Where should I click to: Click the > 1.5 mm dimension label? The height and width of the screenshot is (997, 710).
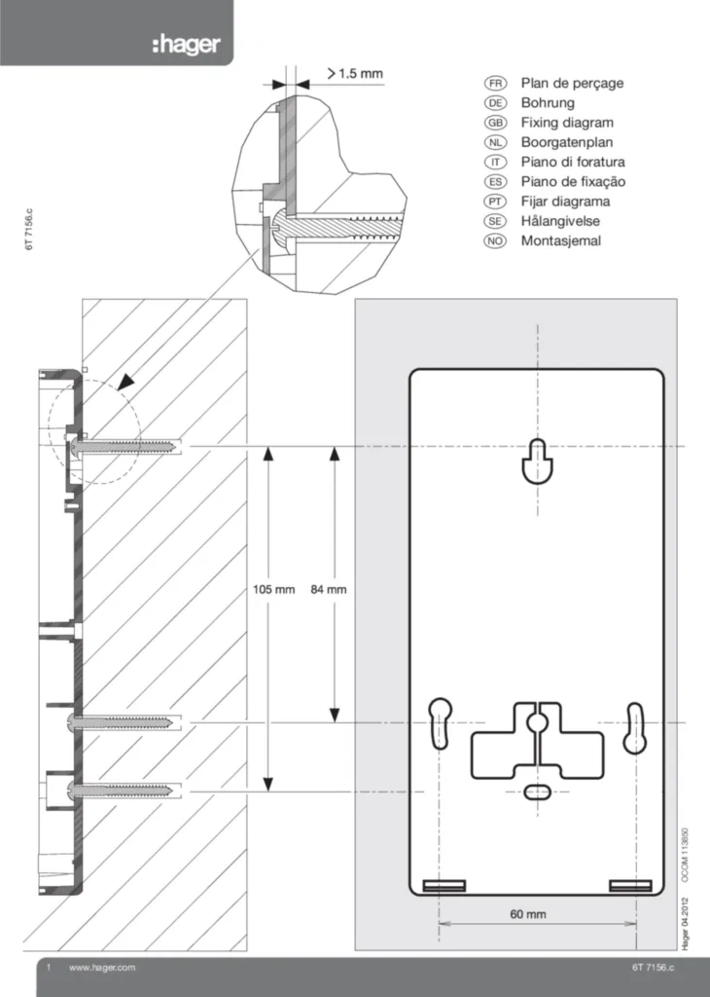[355, 73]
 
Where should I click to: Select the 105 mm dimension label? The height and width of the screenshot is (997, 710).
[273, 590]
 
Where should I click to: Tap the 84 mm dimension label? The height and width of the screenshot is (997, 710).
[328, 590]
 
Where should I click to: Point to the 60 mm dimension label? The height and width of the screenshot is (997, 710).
[528, 914]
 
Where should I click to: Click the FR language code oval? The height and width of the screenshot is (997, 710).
[494, 84]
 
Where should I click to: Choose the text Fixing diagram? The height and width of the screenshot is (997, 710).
[567, 123]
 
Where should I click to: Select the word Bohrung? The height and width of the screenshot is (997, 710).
[548, 103]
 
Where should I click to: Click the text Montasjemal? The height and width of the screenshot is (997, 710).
[561, 240]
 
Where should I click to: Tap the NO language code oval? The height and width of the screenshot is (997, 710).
[494, 240]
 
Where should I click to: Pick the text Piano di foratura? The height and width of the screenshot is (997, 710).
[573, 163]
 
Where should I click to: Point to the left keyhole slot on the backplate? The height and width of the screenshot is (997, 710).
[440, 723]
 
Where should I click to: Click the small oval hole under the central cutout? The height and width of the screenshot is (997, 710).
[536, 792]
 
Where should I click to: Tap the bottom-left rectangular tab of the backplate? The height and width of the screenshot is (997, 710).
[444, 885]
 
